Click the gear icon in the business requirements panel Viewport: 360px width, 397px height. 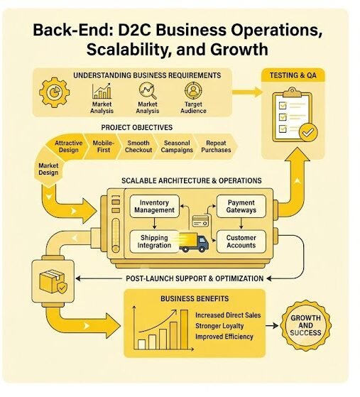[x=54, y=92]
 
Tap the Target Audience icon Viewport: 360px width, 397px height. [x=193, y=91]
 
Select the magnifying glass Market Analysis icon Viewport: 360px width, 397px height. [x=148, y=91]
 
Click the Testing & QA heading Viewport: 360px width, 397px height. [x=293, y=75]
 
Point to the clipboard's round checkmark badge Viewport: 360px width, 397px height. [x=308, y=132]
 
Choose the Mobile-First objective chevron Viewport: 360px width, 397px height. [x=103, y=146]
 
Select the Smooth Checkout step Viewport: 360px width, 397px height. [x=138, y=146]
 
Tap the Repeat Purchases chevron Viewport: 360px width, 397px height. [x=216, y=146]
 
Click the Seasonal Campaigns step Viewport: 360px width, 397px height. [x=177, y=146]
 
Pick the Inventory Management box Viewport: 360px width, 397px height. [x=154, y=207]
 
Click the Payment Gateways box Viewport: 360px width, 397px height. [x=241, y=207]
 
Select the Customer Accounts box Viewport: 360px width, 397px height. [x=241, y=241]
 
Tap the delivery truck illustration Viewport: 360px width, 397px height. [x=194, y=243]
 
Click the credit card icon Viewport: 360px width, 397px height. [x=200, y=221]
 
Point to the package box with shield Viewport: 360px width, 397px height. [x=53, y=282]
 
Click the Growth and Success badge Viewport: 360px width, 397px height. [x=305, y=325]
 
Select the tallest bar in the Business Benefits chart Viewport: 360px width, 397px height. [x=184, y=330]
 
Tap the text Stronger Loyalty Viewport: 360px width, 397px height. [x=219, y=326]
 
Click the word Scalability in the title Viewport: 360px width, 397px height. [x=127, y=50]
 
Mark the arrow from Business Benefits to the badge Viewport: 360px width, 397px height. [x=272, y=325]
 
